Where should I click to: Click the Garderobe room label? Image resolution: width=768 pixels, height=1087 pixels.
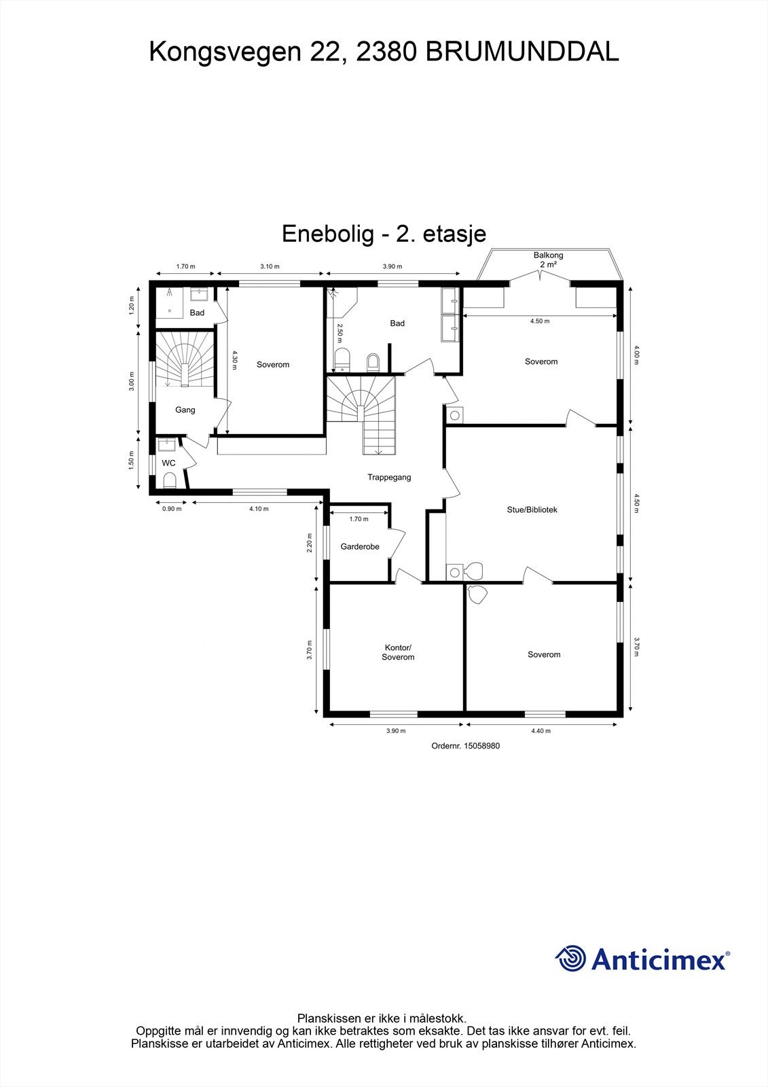pyautogui.click(x=360, y=546)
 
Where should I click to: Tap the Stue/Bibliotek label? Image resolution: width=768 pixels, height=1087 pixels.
pyautogui.click(x=532, y=510)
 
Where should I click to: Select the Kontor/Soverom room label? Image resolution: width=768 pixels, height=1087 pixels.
pyautogui.click(x=398, y=652)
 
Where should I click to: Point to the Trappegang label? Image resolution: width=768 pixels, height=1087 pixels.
pyautogui.click(x=389, y=478)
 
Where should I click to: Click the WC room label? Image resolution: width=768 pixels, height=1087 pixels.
pyautogui.click(x=168, y=463)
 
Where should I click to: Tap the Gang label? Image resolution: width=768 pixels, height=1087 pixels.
pyautogui.click(x=185, y=410)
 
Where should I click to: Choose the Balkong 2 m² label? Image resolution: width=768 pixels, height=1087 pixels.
pyautogui.click(x=548, y=260)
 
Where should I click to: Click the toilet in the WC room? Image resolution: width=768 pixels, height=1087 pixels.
pyautogui.click(x=170, y=481)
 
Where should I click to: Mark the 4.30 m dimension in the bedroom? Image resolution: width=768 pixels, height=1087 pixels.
pyautogui.click(x=235, y=360)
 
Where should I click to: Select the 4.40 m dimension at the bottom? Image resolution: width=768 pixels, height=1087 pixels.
pyautogui.click(x=541, y=731)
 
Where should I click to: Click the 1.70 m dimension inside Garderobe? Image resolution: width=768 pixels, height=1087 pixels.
pyautogui.click(x=359, y=519)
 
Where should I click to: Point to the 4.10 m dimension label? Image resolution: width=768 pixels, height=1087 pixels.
pyautogui.click(x=259, y=508)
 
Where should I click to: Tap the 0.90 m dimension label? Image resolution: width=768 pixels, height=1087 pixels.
pyautogui.click(x=172, y=508)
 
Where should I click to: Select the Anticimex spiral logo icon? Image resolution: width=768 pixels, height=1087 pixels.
pyautogui.click(x=570, y=959)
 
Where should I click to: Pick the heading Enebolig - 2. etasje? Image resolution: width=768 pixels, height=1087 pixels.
pyautogui.click(x=384, y=234)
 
